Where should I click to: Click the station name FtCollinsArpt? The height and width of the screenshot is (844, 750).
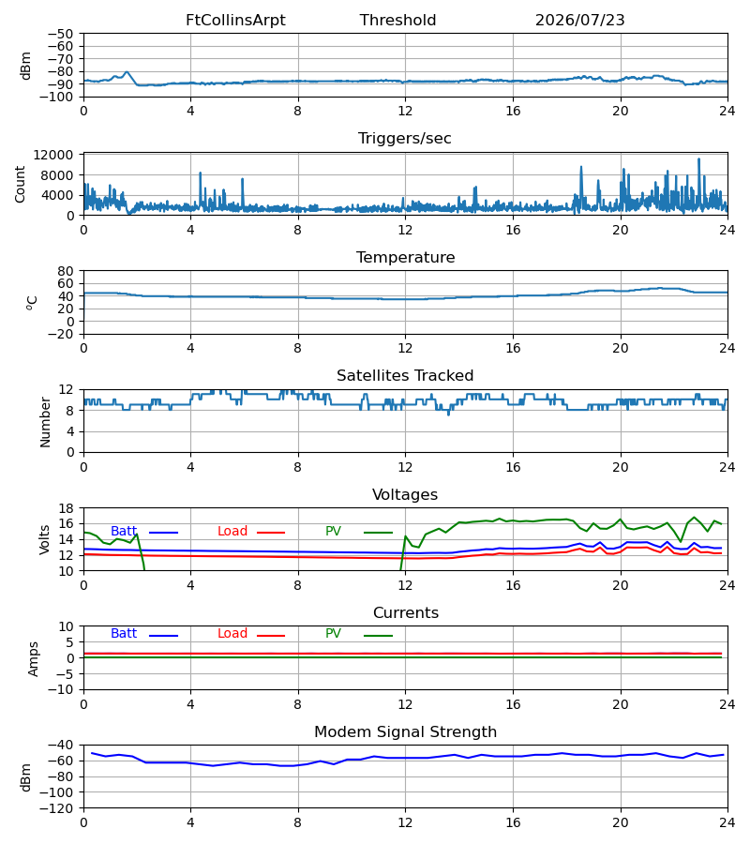pyautogui.click(x=235, y=20)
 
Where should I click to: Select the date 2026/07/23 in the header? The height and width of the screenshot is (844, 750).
pyautogui.click(x=579, y=20)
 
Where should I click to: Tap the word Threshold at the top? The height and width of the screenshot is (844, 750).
pyautogui.click(x=397, y=20)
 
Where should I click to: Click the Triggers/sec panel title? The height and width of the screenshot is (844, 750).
pyautogui.click(x=405, y=139)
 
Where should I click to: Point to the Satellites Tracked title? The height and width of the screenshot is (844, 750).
pyautogui.click(x=405, y=375)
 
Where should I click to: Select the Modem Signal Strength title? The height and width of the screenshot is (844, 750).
pyautogui.click(x=405, y=731)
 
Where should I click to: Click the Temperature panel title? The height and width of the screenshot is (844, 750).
pyautogui.click(x=405, y=257)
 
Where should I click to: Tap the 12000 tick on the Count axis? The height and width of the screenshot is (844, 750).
pyautogui.click(x=53, y=155)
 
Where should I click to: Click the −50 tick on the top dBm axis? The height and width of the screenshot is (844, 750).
pyautogui.click(x=60, y=34)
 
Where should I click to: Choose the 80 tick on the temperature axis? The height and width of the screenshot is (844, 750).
pyautogui.click(x=66, y=271)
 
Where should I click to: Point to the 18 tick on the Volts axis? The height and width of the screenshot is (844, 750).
pyautogui.click(x=66, y=508)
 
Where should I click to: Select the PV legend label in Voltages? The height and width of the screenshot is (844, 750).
pyautogui.click(x=333, y=532)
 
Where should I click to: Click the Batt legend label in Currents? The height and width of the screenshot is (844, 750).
pyautogui.click(x=124, y=634)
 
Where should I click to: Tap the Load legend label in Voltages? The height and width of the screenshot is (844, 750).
pyautogui.click(x=232, y=532)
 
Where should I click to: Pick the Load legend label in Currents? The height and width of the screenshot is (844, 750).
pyautogui.click(x=232, y=634)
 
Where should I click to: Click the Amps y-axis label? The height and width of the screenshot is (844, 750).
pyautogui.click(x=34, y=659)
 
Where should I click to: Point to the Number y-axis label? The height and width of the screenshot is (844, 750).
pyautogui.click(x=45, y=423)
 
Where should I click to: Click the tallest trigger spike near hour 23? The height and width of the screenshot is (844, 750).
pyautogui.click(x=698, y=158)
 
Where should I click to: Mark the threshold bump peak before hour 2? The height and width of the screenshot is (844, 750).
pyautogui.click(x=127, y=71)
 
